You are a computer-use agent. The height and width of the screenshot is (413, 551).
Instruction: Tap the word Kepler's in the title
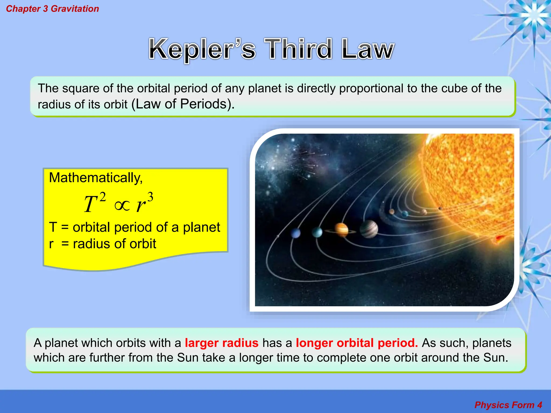click(202, 49)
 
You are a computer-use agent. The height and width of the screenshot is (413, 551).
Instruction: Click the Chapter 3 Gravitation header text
click(52, 9)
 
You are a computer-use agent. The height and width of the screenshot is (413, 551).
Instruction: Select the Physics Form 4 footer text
click(508, 405)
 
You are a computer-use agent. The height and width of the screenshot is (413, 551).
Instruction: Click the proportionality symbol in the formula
click(122, 206)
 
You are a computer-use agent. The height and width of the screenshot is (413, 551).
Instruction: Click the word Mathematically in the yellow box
click(96, 178)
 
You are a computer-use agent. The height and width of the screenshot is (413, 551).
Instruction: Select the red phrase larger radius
click(221, 343)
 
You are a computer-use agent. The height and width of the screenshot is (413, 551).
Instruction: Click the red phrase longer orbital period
click(357, 343)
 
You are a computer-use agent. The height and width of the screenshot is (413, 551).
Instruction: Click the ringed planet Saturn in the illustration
click(341, 230)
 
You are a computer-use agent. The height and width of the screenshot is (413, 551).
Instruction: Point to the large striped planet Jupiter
click(369, 229)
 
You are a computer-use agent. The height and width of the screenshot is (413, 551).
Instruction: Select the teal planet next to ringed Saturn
click(317, 232)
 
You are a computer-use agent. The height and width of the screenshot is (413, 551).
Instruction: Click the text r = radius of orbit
click(103, 244)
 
